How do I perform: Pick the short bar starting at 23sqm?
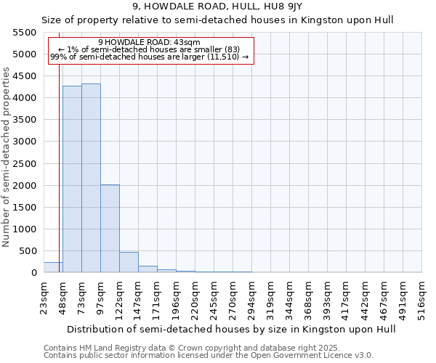[x=53, y=267]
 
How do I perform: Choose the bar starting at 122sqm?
[x=129, y=262]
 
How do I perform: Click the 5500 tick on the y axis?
[x=25, y=33]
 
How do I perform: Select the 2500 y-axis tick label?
[x=25, y=164]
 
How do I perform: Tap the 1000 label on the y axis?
[x=25, y=229]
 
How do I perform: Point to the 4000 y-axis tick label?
[x=25, y=98]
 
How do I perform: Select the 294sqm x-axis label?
[x=251, y=296]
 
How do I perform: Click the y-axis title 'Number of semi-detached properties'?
[x=7, y=157]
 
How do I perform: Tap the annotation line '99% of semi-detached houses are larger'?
[x=150, y=56]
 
